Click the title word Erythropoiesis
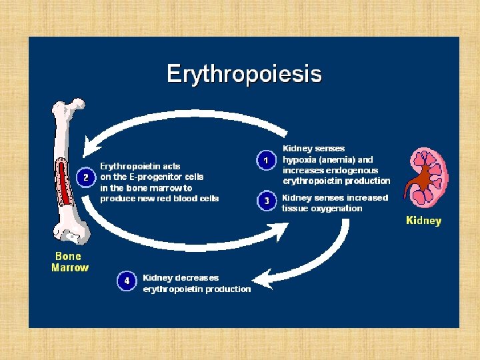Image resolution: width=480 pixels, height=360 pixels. [x=244, y=73]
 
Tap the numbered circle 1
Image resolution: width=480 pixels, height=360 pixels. [x=266, y=161]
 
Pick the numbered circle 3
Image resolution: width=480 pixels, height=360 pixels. [x=266, y=200]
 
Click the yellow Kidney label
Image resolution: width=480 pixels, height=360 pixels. [x=423, y=221]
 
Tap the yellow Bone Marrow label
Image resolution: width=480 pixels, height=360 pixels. [x=69, y=262]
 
